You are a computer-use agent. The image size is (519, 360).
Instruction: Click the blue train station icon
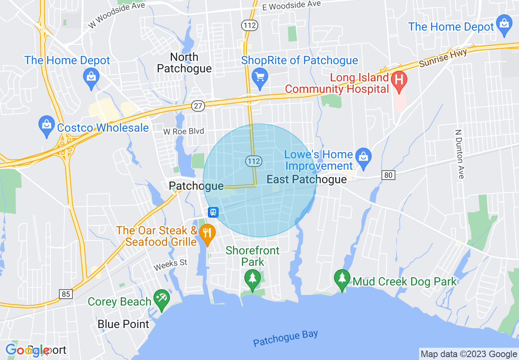[x=213, y=212]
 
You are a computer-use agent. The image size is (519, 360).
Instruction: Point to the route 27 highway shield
[x=198, y=106]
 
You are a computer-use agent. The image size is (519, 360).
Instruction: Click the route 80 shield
[x=388, y=175]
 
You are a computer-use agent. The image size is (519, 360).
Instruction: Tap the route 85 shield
[x=65, y=294]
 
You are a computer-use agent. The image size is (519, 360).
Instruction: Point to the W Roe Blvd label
[x=183, y=132]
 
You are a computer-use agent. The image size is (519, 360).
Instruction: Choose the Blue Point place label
[x=123, y=324]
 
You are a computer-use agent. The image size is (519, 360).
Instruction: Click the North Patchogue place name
[x=184, y=63]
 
